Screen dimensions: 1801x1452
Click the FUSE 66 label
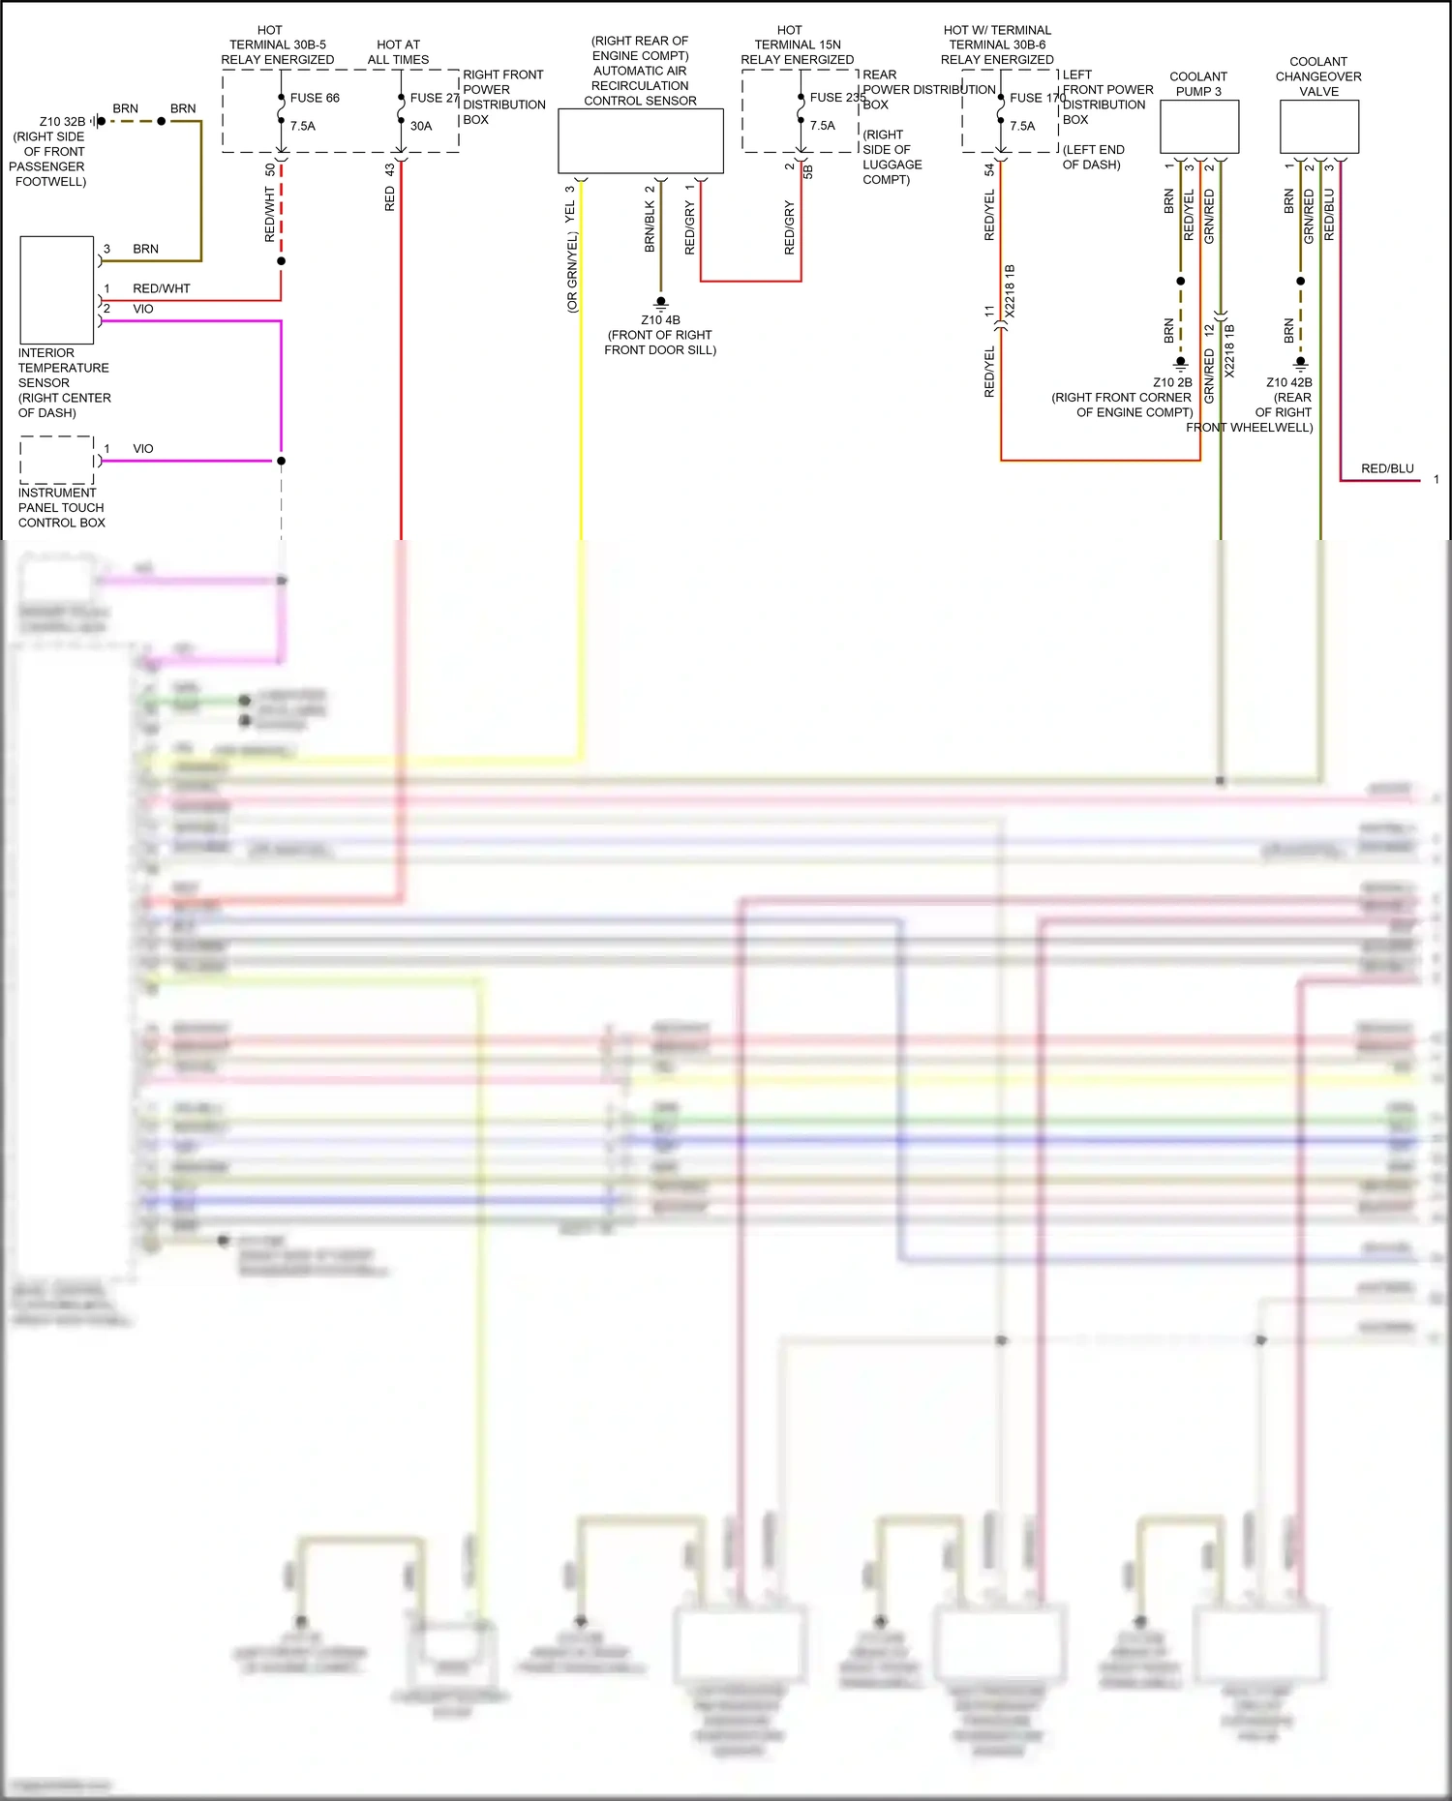click(315, 98)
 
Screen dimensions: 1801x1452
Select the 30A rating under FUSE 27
click(421, 126)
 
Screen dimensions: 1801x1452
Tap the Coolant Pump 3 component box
click(1199, 127)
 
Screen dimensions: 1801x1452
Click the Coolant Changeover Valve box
click(1319, 127)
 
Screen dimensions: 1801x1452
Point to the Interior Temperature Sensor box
click(57, 290)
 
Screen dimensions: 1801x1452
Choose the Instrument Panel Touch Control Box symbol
click(57, 460)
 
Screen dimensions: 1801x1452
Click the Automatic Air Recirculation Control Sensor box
click(641, 141)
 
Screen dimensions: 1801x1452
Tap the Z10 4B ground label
click(660, 320)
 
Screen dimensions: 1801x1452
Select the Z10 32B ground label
click(62, 122)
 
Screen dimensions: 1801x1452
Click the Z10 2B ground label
click(1172, 382)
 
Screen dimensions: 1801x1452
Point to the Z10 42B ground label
click(1289, 382)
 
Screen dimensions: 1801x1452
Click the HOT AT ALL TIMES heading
click(398, 52)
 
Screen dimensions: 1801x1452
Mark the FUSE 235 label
click(837, 98)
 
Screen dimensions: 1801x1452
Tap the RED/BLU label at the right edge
click(1387, 468)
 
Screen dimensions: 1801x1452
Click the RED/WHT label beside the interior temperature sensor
click(162, 288)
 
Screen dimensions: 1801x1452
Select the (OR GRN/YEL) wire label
click(572, 272)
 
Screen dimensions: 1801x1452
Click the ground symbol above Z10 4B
click(661, 303)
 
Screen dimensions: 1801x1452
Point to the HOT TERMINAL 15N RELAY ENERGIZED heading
click(797, 45)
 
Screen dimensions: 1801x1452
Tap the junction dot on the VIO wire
click(282, 461)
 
